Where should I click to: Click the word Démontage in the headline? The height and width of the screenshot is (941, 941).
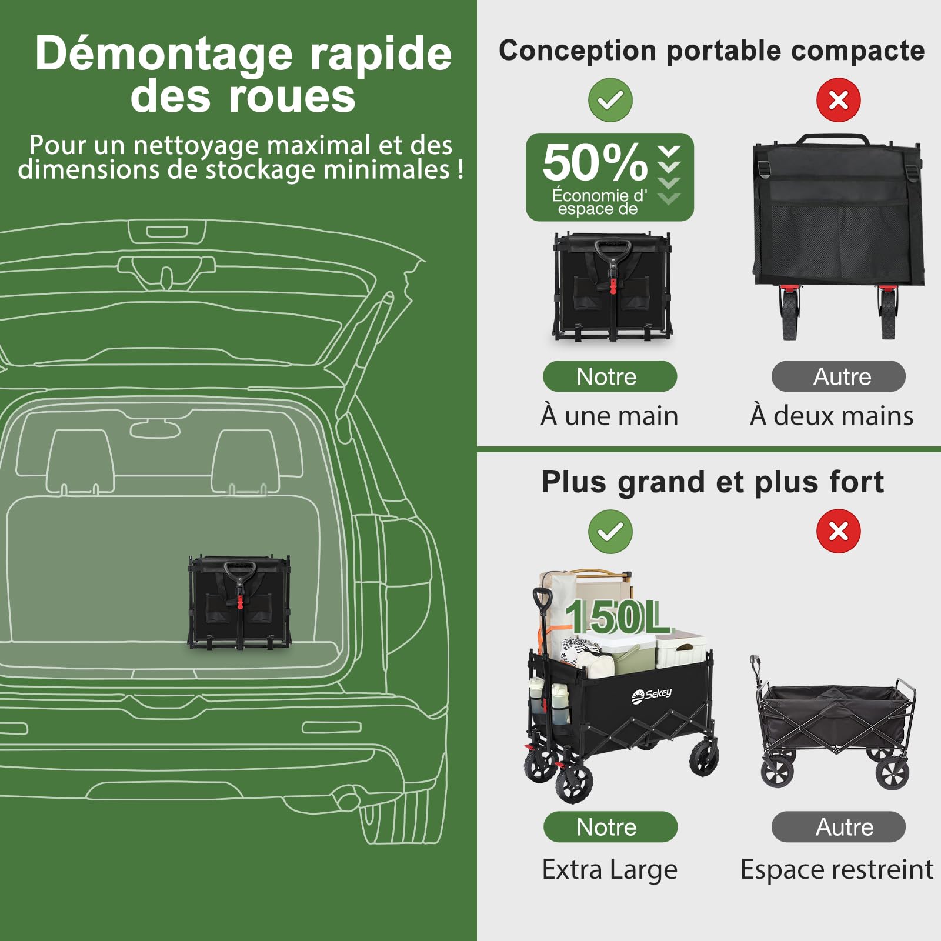164,55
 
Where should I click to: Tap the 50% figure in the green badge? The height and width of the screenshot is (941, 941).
595,162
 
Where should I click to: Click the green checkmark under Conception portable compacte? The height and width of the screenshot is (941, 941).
610,100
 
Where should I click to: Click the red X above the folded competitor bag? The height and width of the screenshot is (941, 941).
838,100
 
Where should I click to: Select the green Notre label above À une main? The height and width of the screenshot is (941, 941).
610,376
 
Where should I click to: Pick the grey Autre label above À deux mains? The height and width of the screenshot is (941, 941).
838,376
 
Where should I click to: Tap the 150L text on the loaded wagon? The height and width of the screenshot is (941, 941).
617,617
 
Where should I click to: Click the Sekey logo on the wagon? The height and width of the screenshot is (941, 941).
651,695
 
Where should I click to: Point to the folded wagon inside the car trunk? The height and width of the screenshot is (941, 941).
239,602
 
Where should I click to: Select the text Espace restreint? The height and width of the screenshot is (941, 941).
837,870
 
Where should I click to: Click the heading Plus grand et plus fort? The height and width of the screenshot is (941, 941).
712,482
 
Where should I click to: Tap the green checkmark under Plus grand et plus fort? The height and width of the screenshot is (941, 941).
610,532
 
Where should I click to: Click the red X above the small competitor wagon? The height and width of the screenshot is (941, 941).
838,531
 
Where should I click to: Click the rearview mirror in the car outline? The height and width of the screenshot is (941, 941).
155,429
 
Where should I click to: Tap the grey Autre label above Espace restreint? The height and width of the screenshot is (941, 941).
838,827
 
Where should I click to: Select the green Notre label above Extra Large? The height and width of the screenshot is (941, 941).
610,827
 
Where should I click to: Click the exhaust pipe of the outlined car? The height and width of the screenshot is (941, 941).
347,800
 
